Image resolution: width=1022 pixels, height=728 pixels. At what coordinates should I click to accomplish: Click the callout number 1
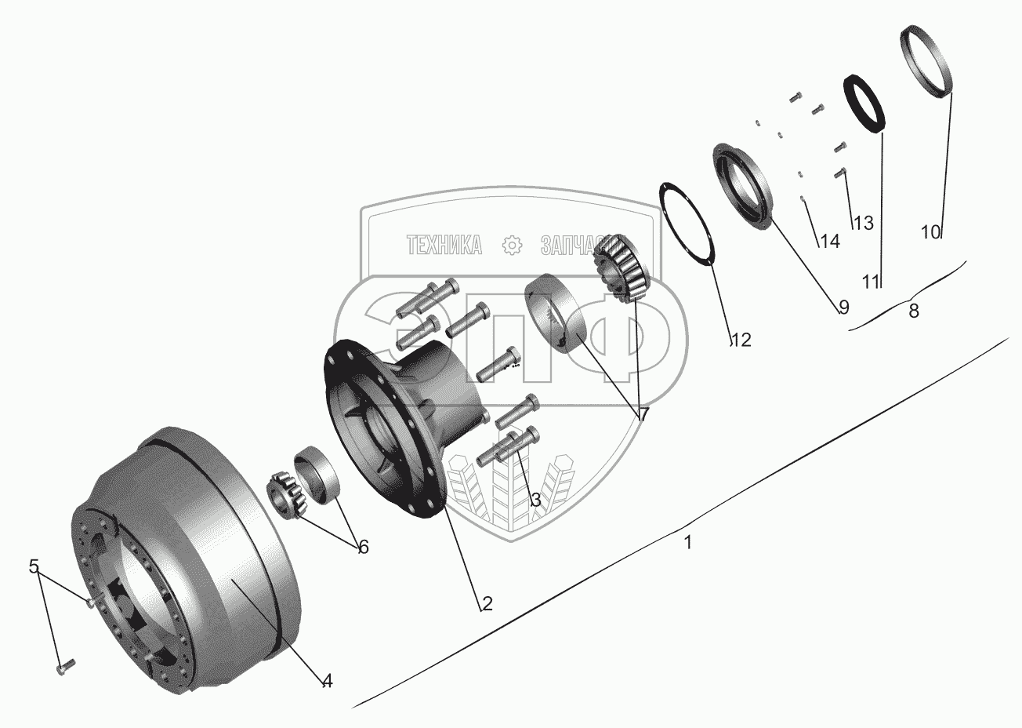[687, 542]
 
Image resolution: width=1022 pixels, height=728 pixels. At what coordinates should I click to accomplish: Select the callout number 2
[487, 603]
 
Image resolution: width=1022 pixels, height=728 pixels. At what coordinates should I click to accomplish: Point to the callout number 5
[34, 566]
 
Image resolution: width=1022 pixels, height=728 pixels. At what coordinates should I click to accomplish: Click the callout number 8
[914, 311]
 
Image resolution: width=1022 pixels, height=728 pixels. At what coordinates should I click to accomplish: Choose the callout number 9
[843, 308]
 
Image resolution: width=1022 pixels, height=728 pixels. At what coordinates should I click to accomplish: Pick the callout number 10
[930, 232]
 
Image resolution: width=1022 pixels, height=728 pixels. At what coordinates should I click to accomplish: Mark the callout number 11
[871, 282]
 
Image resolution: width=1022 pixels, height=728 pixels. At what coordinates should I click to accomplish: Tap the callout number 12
[741, 340]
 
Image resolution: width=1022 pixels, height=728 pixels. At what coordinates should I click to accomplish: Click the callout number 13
[863, 224]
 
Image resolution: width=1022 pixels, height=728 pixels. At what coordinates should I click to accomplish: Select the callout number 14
[829, 242]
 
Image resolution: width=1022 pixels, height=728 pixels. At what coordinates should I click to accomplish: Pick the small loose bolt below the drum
[64, 666]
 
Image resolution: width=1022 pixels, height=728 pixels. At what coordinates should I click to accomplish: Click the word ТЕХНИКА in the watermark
[444, 246]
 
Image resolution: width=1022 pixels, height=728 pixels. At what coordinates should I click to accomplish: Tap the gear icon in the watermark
[512, 246]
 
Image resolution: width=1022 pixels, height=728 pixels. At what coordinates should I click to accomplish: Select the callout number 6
[363, 547]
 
